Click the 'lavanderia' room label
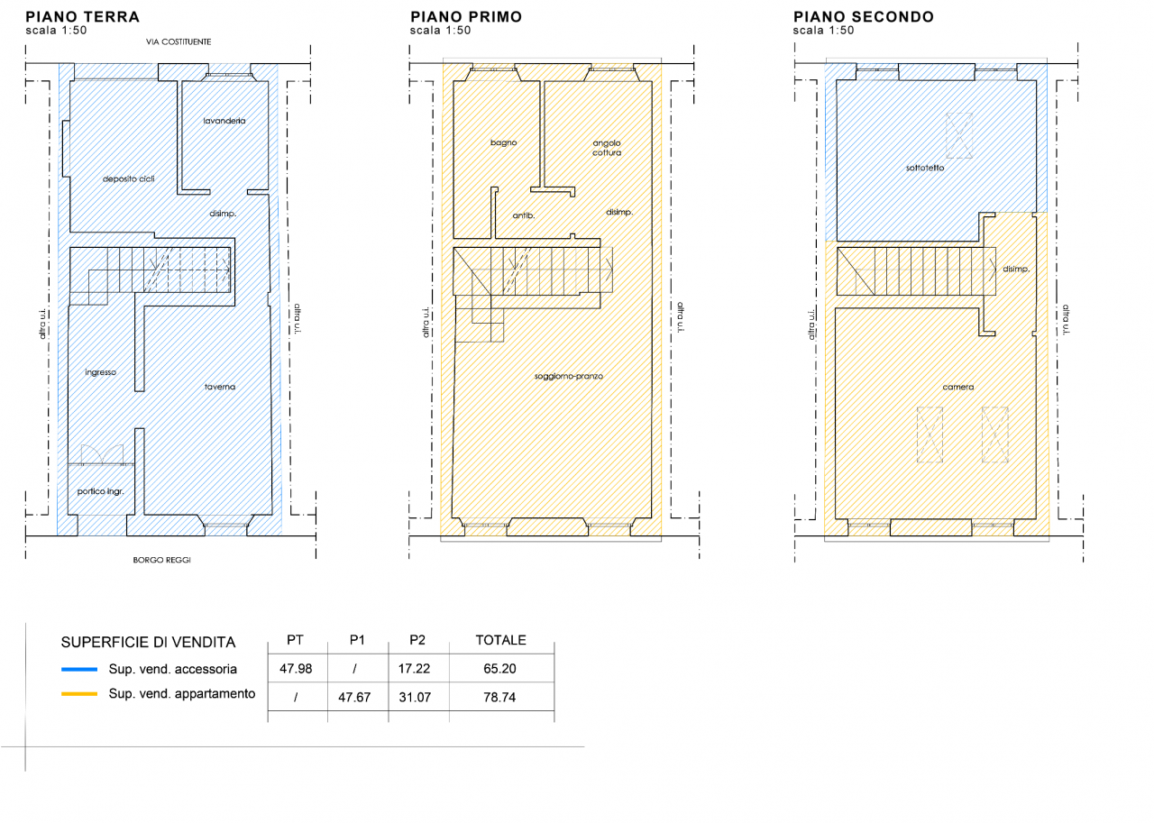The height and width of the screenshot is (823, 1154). pos(224,121)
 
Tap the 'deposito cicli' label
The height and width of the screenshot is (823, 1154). pos(128,178)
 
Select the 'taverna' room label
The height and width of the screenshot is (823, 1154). pos(220,387)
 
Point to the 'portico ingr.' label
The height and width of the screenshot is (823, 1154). pos(100,491)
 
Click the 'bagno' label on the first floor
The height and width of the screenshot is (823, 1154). pos(503,142)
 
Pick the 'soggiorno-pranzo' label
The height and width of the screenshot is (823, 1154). pos(568,377)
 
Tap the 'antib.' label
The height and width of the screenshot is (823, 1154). pos(524,215)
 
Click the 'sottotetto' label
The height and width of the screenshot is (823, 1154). pos(925,168)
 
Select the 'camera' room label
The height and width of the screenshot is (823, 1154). pos(957,387)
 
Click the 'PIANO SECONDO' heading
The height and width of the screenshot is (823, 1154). pos(864,17)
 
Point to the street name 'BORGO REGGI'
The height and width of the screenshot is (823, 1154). pos(161,560)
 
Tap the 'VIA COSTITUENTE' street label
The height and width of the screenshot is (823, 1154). pos(179,41)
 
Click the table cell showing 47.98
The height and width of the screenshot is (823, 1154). pos(296,669)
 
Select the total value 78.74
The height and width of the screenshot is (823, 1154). pos(499,698)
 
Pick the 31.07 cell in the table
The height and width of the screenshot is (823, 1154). pos(415,698)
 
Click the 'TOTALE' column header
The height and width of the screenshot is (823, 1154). pos(500,640)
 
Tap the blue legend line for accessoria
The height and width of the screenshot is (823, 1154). pos(79,670)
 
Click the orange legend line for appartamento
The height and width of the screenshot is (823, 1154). pos(79,694)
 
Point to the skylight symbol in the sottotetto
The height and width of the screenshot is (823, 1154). pos(958,136)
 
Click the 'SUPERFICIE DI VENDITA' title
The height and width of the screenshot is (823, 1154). pos(148,642)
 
